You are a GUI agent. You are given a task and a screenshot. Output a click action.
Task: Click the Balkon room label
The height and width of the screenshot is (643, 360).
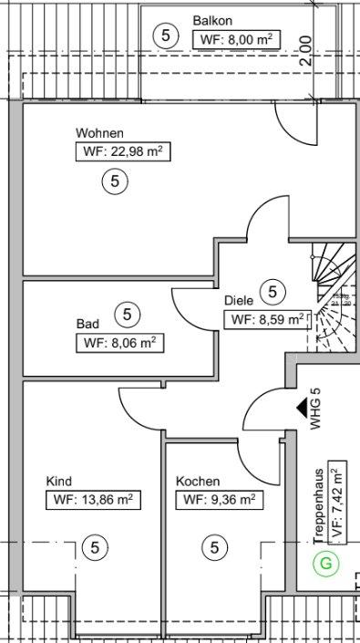pos(212,20)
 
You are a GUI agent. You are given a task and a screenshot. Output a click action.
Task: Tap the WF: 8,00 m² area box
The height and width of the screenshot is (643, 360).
pos(236,38)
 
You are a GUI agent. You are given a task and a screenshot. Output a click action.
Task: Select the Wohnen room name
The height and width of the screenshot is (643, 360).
pos(100,133)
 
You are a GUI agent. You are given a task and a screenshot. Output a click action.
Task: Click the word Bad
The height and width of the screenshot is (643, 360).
pos(87,323)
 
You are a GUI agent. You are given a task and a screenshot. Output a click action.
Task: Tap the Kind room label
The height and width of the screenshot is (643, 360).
pos(59,481)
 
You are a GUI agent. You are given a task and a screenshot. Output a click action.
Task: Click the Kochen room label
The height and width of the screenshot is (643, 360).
pos(198,481)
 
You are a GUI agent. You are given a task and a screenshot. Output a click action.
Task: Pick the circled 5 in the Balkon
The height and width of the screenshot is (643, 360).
pos(164,36)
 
